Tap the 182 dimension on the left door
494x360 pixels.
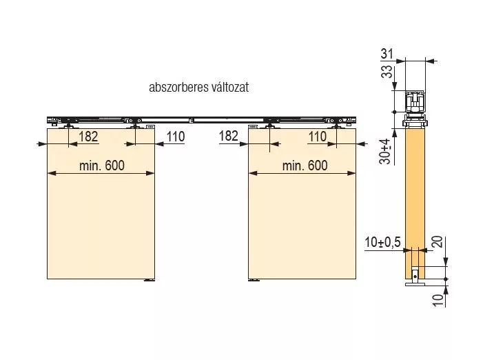88,137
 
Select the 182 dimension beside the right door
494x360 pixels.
229,136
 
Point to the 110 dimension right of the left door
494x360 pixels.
176,137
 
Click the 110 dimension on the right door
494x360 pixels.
317,137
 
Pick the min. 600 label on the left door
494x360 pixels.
102,166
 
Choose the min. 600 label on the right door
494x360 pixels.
305,166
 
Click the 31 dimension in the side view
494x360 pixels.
387,54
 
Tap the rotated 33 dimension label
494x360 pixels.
387,72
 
